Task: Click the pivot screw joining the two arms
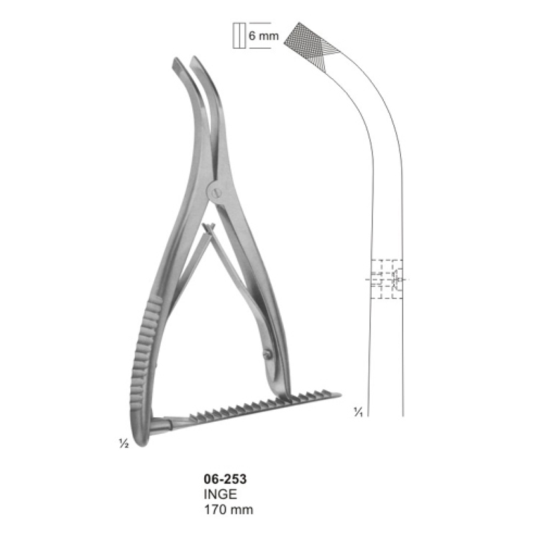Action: (216, 193)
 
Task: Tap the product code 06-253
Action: (225, 479)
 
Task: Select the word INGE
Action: (220, 494)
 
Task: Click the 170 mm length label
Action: (228, 510)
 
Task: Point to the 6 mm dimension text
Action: (263, 36)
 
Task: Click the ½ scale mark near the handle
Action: (123, 443)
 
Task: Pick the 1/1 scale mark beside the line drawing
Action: (358, 412)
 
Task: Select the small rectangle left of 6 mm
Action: (239, 35)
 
